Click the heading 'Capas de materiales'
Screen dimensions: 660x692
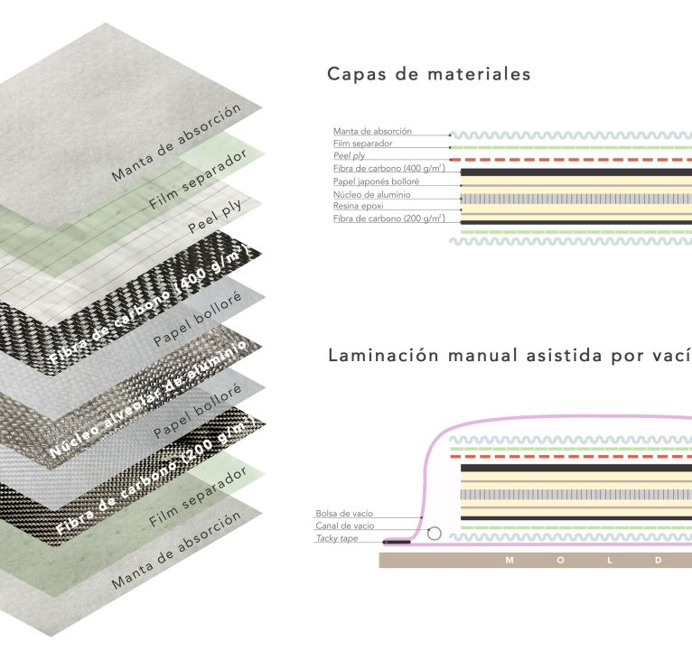coord(428,74)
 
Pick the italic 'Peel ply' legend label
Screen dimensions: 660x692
coord(349,156)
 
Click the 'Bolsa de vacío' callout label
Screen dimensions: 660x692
coord(345,513)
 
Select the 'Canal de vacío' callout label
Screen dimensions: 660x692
coord(345,525)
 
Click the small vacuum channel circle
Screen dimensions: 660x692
coord(435,534)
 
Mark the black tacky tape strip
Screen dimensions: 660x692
coord(397,543)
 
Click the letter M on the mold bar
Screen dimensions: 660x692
coord(510,561)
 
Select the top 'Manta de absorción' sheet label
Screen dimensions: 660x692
coord(177,143)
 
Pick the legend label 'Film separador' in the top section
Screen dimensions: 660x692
coord(363,144)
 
